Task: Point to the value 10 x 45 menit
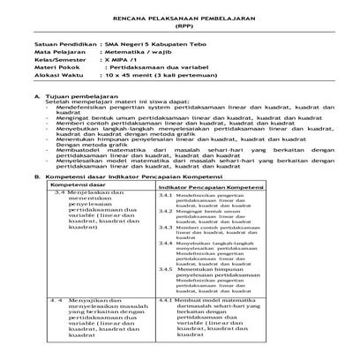[124, 80]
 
